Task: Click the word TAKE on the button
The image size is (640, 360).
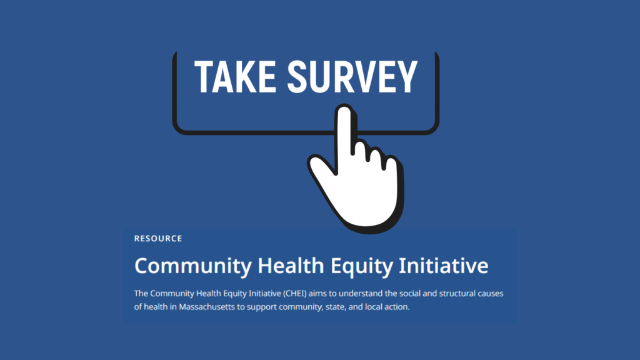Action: [x=235, y=77]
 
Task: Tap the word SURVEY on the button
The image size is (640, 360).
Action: [x=352, y=77]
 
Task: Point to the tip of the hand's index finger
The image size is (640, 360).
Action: [x=344, y=107]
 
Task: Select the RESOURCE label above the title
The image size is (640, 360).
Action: [x=158, y=239]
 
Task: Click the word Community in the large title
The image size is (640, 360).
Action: [x=193, y=266]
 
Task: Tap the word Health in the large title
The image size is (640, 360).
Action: [x=291, y=265]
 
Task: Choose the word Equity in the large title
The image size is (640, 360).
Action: [x=361, y=266]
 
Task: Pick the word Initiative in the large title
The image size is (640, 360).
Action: [x=443, y=265]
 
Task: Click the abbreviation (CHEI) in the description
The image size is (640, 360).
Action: [x=294, y=294]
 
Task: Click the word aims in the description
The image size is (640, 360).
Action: [x=317, y=294]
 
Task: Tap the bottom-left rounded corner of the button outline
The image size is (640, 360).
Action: [x=179, y=129]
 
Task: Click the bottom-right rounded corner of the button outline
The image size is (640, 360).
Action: [x=433, y=129]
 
